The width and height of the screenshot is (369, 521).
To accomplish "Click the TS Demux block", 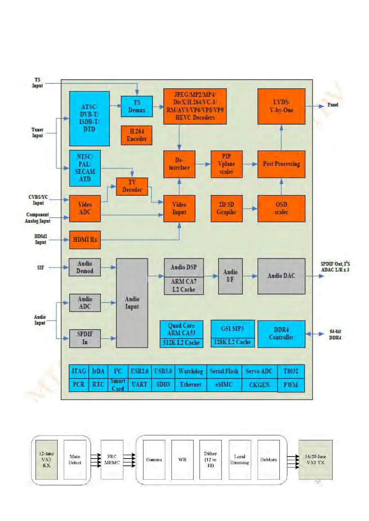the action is [x=137, y=106].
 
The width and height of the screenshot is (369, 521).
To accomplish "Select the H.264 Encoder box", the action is [x=137, y=135].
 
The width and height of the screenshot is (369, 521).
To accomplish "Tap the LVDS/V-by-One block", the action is [x=281, y=106].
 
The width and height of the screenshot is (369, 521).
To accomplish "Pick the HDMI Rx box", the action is [x=85, y=240].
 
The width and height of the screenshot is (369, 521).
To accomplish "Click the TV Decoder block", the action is [x=132, y=186].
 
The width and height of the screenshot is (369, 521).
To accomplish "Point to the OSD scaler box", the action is [x=281, y=209].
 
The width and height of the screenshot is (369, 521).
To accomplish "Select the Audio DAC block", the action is [x=281, y=276].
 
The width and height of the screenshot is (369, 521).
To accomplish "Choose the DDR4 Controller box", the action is [x=281, y=334].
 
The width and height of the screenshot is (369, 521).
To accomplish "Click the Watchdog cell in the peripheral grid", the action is [x=191, y=371].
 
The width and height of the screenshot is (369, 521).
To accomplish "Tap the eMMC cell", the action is [x=224, y=385].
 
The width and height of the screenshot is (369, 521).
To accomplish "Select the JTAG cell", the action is [x=79, y=371].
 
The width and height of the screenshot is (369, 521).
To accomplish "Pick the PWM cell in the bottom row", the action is [x=291, y=385].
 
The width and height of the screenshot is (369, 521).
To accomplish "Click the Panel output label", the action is [x=333, y=105].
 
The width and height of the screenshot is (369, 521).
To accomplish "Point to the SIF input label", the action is [x=41, y=268].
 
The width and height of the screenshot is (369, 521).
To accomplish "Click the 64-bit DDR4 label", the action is [x=335, y=334].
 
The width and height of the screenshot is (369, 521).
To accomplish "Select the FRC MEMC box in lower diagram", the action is [x=112, y=459].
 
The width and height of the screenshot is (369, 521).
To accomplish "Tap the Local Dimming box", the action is [x=239, y=459].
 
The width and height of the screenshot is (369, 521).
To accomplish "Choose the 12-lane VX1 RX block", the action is [x=46, y=459].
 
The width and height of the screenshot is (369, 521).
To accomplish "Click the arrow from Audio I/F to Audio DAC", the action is [x=250, y=276].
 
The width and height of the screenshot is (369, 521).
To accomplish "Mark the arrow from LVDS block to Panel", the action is [x=314, y=106].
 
